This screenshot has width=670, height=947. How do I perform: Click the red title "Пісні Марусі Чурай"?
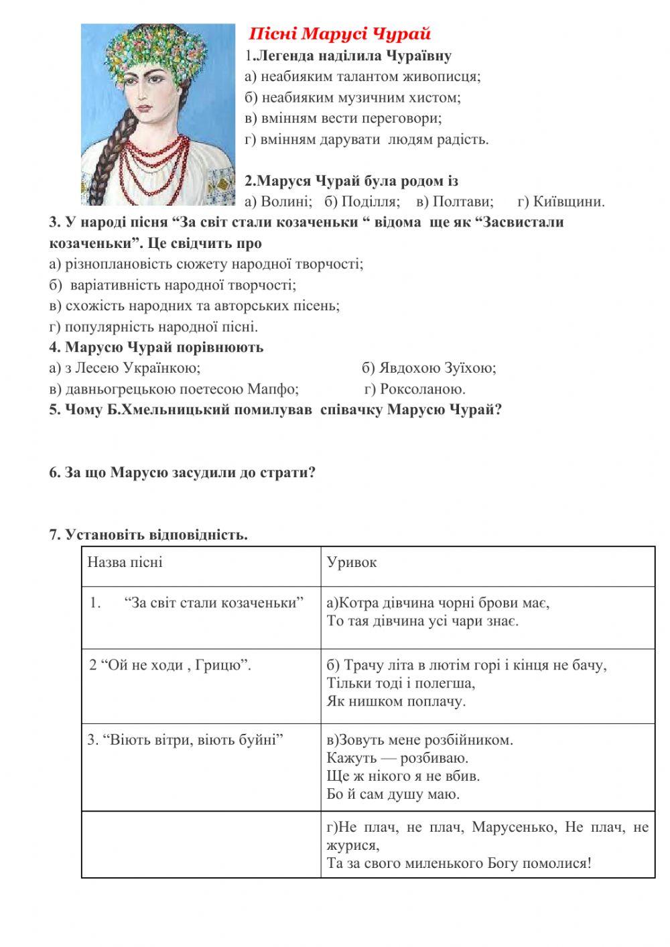340,34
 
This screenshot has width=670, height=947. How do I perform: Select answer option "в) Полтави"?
454,201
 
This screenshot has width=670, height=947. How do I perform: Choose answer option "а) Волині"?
278,201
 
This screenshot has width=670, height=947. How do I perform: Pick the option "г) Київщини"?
561,201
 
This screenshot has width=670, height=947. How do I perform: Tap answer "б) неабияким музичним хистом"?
352,97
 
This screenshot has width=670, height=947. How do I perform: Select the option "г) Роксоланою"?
415,389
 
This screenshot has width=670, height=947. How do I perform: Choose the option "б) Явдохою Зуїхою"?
429,368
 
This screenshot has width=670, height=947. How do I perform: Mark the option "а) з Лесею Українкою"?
125,368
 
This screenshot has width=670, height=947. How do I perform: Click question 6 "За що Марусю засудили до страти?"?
182,472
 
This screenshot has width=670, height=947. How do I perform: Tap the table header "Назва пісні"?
125,562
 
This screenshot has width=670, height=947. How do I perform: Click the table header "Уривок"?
352,562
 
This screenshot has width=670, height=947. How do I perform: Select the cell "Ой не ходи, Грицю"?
170,665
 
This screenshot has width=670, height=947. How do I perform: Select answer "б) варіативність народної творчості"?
172,285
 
